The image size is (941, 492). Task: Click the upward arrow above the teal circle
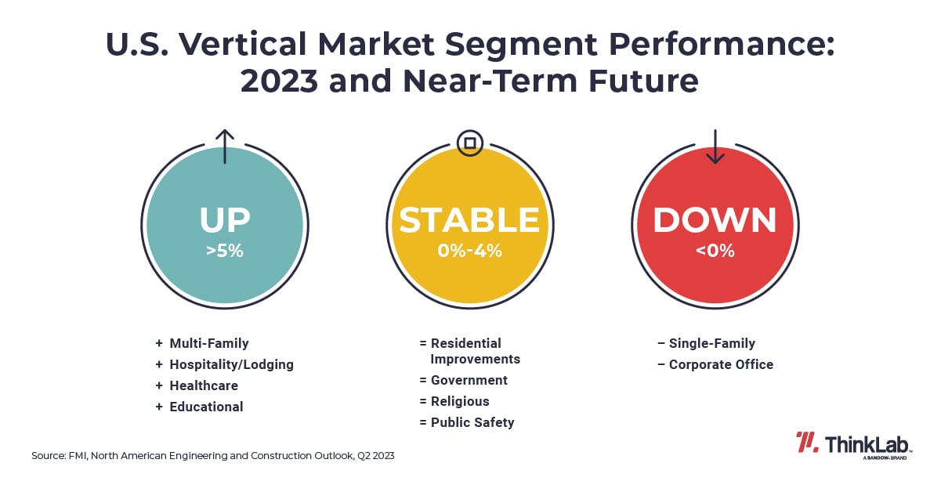point(225,146)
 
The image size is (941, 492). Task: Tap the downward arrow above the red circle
point(715,146)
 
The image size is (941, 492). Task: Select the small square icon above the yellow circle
point(469,143)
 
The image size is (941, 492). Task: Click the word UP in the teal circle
point(225,220)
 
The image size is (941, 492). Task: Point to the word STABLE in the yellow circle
point(469,220)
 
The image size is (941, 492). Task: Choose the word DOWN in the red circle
point(715,220)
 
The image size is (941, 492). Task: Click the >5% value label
point(225,251)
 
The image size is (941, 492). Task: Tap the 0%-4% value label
point(469,251)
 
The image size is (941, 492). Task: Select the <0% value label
point(715,251)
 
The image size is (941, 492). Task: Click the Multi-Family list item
point(208,343)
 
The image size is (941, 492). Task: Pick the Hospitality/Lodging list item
point(231,364)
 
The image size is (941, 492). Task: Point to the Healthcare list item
point(204,385)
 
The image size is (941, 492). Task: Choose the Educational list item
point(206,407)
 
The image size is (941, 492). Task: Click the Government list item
point(469,380)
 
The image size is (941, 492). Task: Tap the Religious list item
point(459,401)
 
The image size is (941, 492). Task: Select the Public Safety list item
point(472,422)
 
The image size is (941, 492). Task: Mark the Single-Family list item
point(711,343)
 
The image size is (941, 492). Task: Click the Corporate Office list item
point(721,364)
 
